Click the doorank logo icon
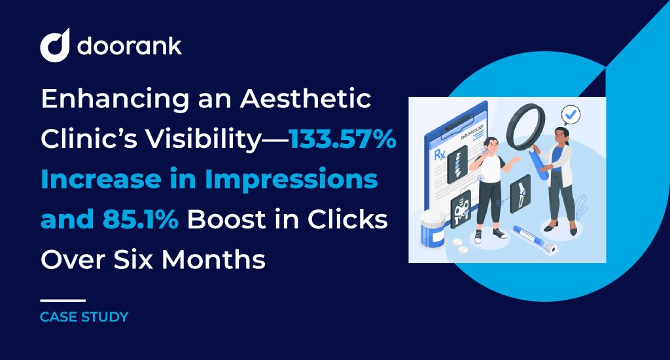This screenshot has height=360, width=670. pyautogui.click(x=55, y=45)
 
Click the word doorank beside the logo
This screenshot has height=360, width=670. pyautogui.click(x=130, y=45)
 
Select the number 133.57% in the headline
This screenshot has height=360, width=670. pyautogui.click(x=343, y=139)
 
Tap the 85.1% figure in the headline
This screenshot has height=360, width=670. pyautogui.click(x=140, y=219)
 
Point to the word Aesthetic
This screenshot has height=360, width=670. pyautogui.click(x=305, y=99)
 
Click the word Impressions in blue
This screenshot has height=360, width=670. pyautogui.click(x=291, y=179)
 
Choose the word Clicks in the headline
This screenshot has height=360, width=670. pyautogui.click(x=347, y=219)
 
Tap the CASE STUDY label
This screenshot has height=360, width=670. pyautogui.click(x=84, y=317)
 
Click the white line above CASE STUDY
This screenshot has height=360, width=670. pyautogui.click(x=63, y=300)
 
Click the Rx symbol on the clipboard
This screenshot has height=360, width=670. pyautogui.click(x=440, y=154)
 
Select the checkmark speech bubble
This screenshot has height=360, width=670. pyautogui.click(x=571, y=115)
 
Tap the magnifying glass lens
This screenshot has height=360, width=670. pyautogui.click(x=526, y=126)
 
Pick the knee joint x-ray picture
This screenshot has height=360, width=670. pyautogui.click(x=520, y=194)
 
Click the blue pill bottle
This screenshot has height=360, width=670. pyautogui.click(x=432, y=230)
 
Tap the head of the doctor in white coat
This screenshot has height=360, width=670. pyautogui.click(x=561, y=135)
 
